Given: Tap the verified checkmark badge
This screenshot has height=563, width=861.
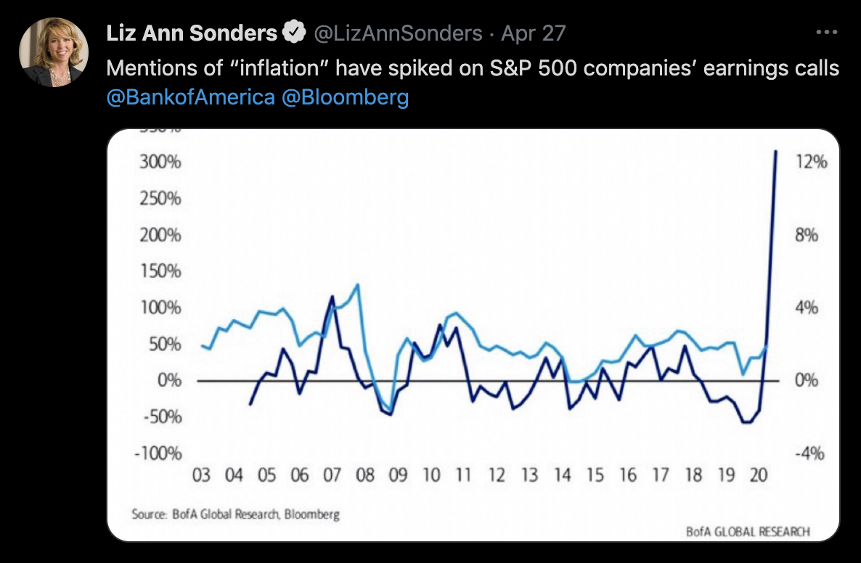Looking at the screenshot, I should tap(293, 33).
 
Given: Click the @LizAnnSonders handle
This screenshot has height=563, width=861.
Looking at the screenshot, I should tap(397, 33).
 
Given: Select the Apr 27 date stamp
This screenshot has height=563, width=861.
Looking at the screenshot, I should tap(533, 33).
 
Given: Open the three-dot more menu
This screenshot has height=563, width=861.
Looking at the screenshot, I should tap(827, 33).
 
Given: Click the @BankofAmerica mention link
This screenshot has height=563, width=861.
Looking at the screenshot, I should tap(190, 97).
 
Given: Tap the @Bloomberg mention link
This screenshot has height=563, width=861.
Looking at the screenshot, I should tap(345, 97).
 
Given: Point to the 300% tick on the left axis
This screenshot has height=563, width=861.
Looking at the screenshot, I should tap(160, 162).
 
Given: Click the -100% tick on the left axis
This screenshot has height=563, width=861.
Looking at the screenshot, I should tap(158, 453).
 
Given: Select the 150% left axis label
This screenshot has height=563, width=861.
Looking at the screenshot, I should tap(160, 271).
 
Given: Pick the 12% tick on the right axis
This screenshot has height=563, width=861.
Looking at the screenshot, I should tap(811, 162).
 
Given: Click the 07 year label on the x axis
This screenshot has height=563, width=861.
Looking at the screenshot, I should tap(332, 476).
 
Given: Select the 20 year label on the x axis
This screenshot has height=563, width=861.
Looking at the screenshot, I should tap(759, 476).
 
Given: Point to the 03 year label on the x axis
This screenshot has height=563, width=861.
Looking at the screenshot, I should tap(201, 476).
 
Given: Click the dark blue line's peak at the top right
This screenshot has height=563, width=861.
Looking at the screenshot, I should tap(775, 152).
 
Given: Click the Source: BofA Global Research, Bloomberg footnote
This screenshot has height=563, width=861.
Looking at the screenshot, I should tap(236, 514).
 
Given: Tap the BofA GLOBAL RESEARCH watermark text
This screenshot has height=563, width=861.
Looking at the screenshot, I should tap(748, 532).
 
